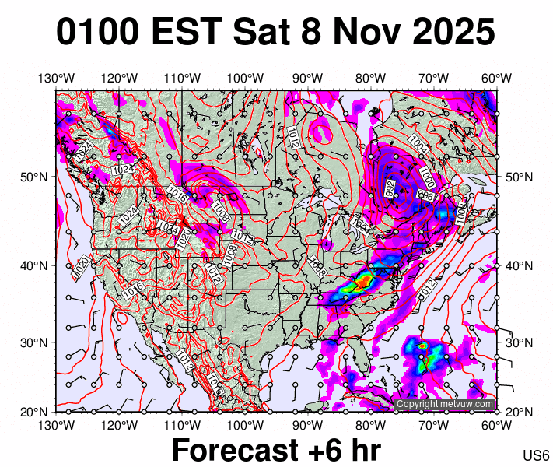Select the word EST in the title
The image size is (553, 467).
pos(195,33)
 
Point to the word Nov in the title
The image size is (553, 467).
pos(364,33)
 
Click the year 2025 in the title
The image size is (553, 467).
pos(450,33)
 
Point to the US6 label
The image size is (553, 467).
pos(537,455)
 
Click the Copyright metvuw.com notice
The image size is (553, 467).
pos(445,404)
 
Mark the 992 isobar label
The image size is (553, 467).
pos(390,188)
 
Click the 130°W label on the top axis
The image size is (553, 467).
pos(56,78)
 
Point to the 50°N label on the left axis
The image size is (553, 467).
pos(30,177)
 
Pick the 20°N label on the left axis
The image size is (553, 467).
pos(30,411)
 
